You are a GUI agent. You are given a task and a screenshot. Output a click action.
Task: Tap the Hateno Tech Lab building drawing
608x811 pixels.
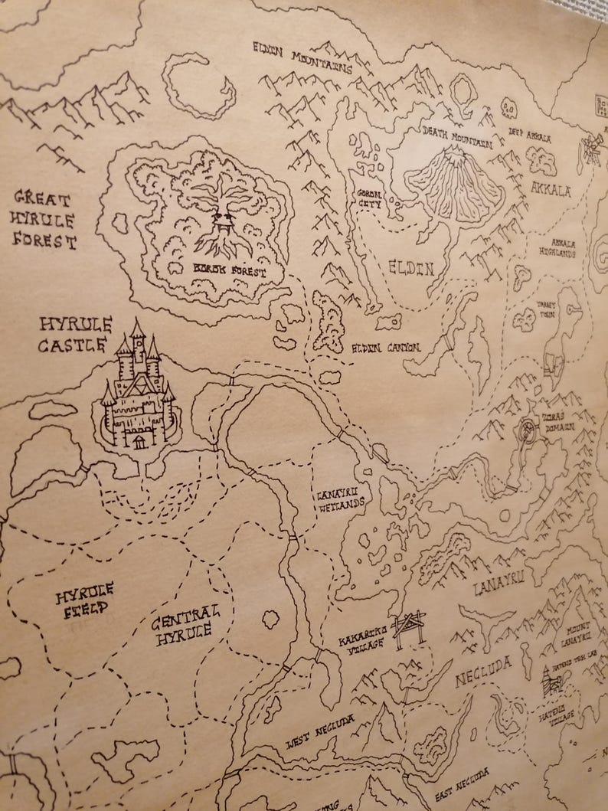coord(553,680)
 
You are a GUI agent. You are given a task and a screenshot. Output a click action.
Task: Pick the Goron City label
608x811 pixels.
coord(366,199)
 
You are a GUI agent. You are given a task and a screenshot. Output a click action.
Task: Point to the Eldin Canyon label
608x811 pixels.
coord(386,348)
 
